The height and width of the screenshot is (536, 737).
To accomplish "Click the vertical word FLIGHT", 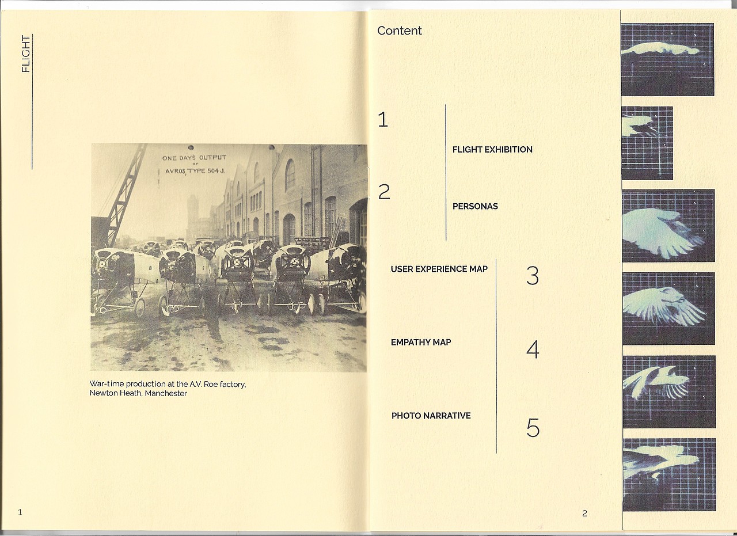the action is point(25,54).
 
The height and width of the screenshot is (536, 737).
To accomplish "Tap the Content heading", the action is point(399,31).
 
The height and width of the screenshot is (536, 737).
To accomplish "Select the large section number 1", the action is point(383,119).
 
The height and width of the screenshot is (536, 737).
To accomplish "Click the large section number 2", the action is point(384,192).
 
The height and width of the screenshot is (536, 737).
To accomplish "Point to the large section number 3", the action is point(533,276).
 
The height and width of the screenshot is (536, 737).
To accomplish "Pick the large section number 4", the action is point(533,350).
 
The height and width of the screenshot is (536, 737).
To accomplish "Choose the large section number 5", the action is point(533,427).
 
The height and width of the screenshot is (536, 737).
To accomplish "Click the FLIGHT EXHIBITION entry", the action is point(492,150).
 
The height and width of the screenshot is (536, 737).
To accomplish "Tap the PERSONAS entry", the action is point(475,207).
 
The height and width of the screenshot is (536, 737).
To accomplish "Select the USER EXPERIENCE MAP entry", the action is point(439,269).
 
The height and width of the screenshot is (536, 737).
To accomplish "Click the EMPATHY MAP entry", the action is point(421,343).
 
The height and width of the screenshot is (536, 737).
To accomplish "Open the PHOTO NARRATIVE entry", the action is point(431,416).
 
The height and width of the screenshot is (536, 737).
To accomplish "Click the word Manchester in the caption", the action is point(166,393).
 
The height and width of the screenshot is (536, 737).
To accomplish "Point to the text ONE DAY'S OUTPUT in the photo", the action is point(194,158).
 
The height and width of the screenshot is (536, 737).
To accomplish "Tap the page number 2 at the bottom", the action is point(584,514).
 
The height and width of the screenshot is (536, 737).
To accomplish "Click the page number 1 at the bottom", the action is point(20,512).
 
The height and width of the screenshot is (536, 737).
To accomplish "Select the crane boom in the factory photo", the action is point(127,194).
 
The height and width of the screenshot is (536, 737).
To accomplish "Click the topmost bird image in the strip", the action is point(667,59).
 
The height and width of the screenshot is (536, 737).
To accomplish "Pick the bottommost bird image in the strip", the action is point(669,475).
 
